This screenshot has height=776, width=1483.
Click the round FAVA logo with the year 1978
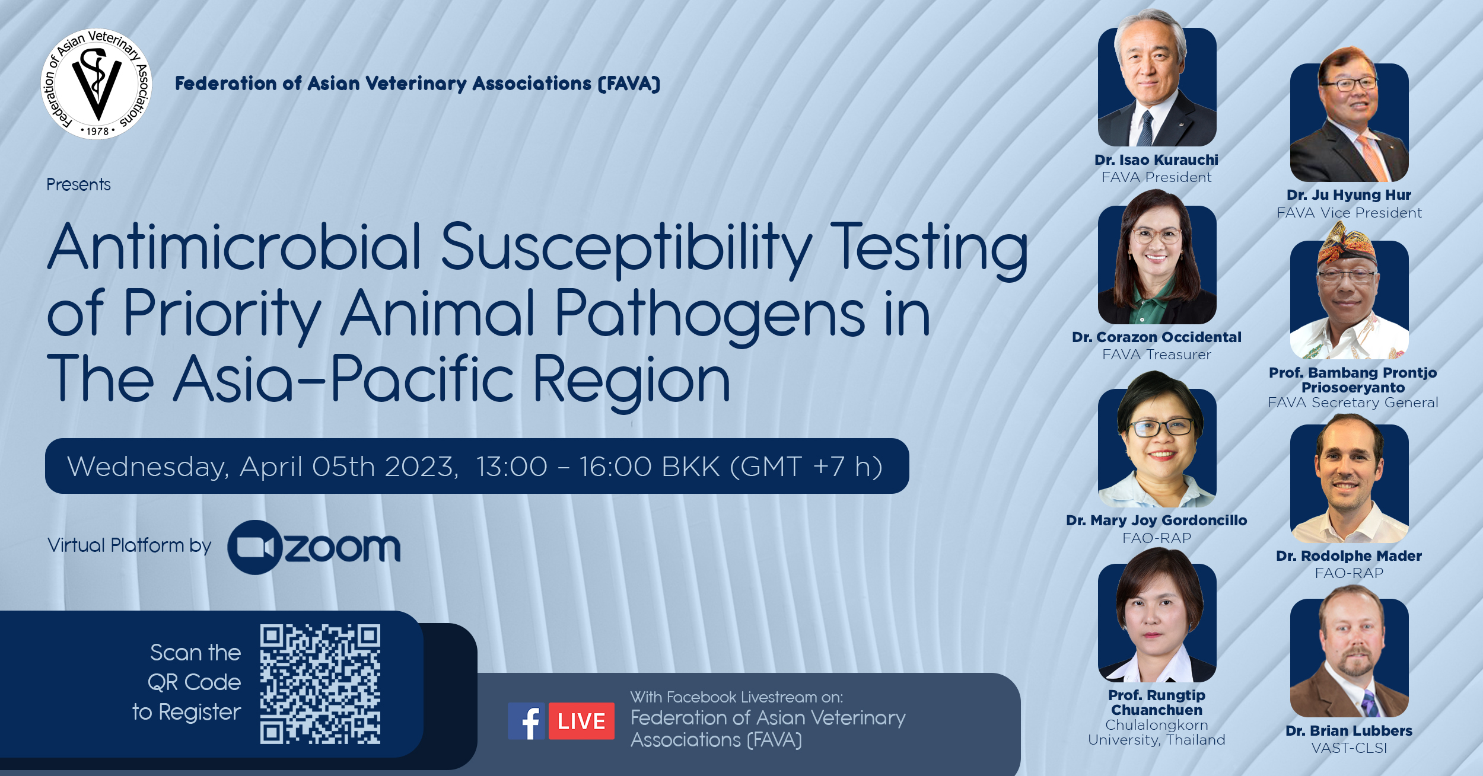[x=96, y=84]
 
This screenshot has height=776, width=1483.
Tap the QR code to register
[x=320, y=684]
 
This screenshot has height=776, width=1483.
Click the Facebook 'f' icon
[x=526, y=721]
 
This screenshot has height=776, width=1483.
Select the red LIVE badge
[x=581, y=721]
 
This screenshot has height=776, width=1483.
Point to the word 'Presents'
[x=78, y=185]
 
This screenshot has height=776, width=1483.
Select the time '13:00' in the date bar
[x=512, y=467]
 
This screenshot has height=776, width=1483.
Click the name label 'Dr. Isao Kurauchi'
[x=1156, y=159]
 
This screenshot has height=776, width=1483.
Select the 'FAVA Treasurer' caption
[x=1156, y=355]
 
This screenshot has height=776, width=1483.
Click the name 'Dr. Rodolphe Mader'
[x=1349, y=556]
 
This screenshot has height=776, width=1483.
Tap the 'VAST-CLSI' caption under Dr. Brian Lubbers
[x=1349, y=748]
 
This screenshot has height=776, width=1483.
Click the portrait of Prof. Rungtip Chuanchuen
[x=1157, y=617]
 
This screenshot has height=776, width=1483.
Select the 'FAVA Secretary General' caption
[x=1353, y=403]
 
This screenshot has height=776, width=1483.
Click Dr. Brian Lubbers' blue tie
[x=1370, y=704]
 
